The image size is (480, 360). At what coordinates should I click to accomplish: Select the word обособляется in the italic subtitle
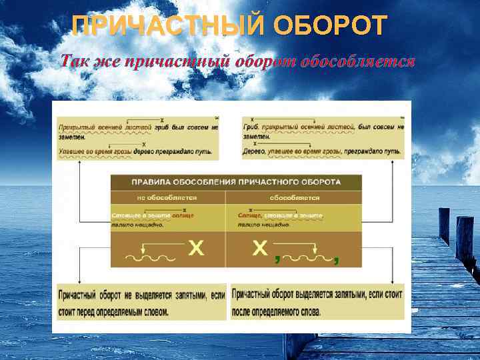pyautogui.click(x=358, y=62)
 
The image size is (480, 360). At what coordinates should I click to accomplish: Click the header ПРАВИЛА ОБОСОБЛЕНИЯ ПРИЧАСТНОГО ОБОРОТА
pyautogui.click(x=236, y=181)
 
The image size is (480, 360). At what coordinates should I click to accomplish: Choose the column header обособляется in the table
pyautogui.click(x=294, y=197)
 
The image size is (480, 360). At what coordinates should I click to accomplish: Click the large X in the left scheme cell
pyautogui.click(x=196, y=249)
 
